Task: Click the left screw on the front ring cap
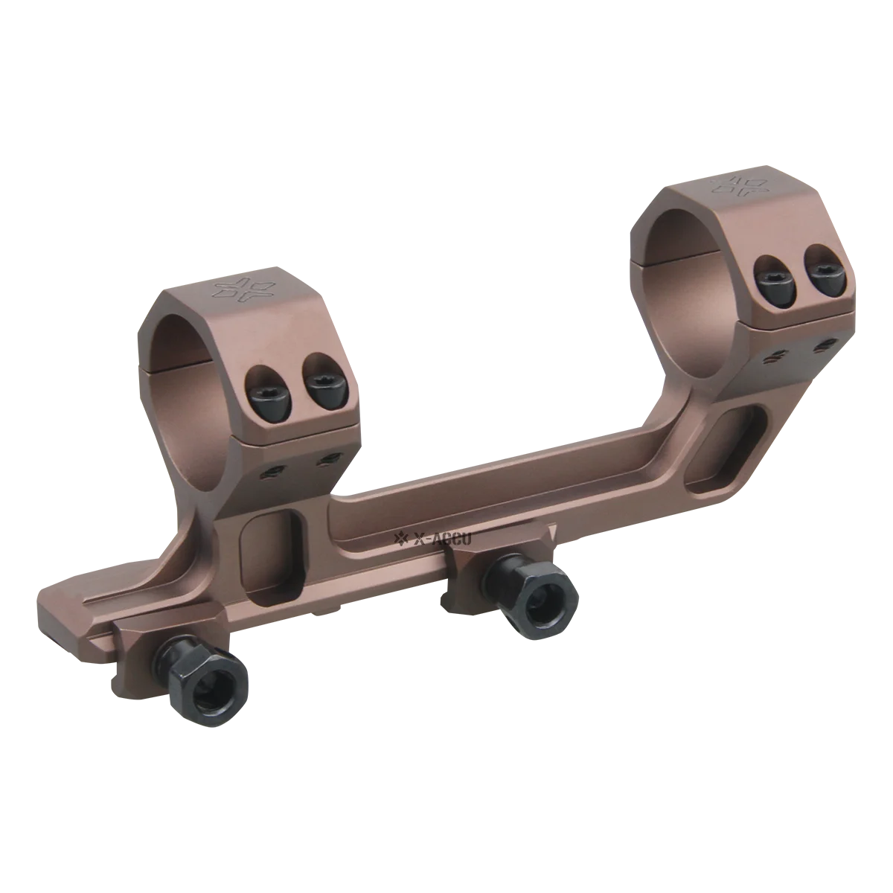click(x=266, y=384)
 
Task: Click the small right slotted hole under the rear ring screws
click(x=823, y=343)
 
